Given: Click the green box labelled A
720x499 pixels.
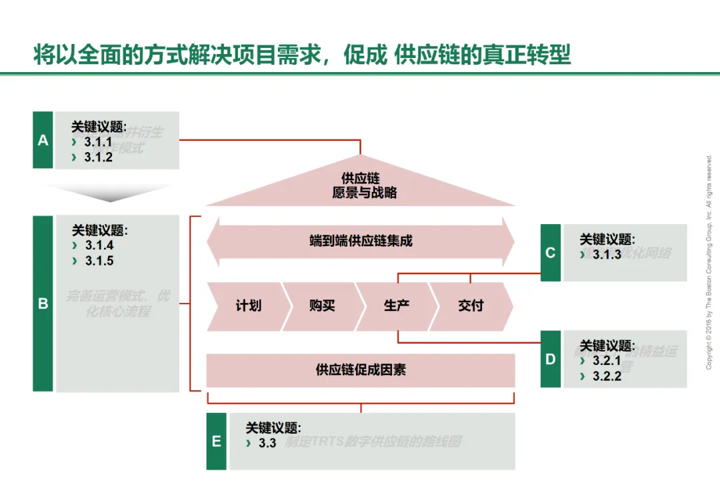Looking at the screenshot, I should [43, 140].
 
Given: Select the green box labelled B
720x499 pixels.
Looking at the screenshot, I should [43, 304].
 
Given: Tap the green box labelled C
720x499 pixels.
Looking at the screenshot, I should [550, 253].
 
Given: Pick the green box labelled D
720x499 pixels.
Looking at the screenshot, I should [550, 359].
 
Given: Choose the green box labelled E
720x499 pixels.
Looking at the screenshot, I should [216, 442].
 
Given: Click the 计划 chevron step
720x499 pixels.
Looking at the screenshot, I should [248, 306].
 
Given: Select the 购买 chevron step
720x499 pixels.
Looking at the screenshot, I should [322, 306].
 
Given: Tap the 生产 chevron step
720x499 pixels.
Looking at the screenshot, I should [396, 306].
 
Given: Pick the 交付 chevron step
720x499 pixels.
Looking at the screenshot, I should [471, 306].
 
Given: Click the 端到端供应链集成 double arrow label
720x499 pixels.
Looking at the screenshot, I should [361, 241].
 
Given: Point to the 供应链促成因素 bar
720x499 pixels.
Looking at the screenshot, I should [361, 370].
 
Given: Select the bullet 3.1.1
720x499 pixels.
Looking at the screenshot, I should [98, 142].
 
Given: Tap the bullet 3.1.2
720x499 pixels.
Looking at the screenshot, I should [98, 157].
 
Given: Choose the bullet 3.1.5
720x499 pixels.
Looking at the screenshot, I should [99, 261].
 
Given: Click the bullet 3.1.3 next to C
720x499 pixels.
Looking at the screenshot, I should [607, 254].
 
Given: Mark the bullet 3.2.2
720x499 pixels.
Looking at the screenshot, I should [607, 376].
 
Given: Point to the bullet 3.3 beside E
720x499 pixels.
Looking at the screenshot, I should [267, 443].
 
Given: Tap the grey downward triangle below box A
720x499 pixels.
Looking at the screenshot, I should [107, 193].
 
